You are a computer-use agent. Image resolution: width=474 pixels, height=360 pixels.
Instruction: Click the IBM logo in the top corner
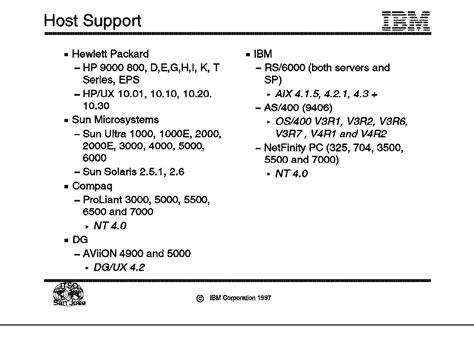[409, 19]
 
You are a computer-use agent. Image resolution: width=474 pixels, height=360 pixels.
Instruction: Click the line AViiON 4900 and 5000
[140, 255]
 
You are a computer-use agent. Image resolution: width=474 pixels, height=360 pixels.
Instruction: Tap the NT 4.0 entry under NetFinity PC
[291, 173]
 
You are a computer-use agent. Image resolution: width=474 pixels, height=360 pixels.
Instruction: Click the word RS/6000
[283, 65]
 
